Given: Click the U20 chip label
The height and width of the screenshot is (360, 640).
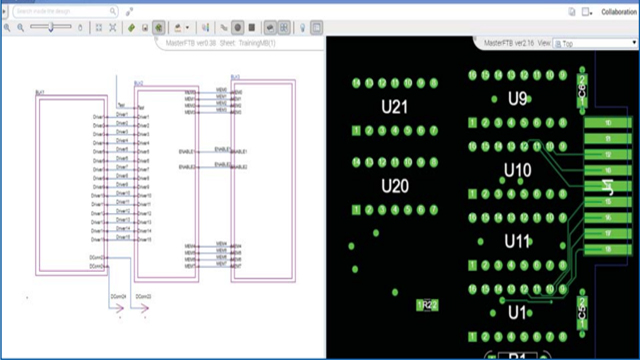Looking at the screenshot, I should point(395,187).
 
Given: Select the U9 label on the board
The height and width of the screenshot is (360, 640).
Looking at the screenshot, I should point(517,99).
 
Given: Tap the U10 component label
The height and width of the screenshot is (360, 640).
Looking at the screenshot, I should point(517,171).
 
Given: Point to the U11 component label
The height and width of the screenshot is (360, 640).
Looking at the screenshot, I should point(517,242).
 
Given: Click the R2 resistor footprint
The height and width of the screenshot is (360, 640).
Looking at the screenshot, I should point(427,304).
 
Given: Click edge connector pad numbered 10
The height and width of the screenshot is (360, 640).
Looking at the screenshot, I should point(608,123).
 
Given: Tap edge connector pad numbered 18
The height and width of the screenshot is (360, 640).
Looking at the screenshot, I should point(608,248).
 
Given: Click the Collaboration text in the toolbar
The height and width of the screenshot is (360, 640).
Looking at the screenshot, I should point(619,13).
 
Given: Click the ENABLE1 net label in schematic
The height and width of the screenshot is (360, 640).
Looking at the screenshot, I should point(224,151).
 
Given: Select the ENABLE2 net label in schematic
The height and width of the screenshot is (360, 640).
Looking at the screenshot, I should point(224,166).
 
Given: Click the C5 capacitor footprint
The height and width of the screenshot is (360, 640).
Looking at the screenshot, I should point(581,308).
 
